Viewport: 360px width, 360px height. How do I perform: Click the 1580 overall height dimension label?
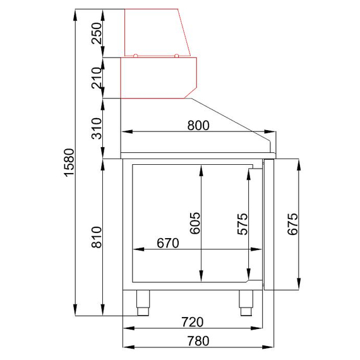click(x=69, y=162)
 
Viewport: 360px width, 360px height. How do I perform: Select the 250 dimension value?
click(x=97, y=33)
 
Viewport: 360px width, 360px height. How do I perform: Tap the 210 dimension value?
click(x=97, y=78)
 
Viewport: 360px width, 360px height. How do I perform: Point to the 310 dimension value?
click(x=97, y=129)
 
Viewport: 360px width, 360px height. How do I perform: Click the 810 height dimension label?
click(x=97, y=237)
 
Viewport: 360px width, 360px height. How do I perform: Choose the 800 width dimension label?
click(x=198, y=125)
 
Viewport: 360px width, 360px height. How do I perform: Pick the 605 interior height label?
click(x=195, y=223)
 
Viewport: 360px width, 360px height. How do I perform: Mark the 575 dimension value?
click(x=243, y=224)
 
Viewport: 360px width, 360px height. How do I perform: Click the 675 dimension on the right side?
click(x=292, y=224)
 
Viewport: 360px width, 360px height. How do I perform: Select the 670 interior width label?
click(x=168, y=243)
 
